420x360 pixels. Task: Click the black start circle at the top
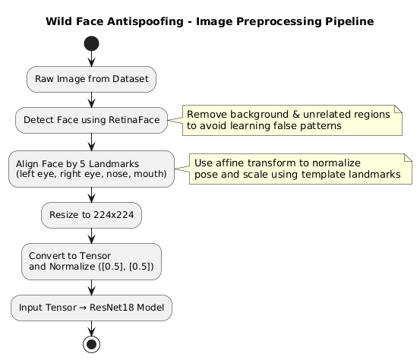click(x=91, y=43)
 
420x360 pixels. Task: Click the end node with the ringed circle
click(x=91, y=344)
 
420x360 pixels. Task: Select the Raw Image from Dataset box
click(x=91, y=79)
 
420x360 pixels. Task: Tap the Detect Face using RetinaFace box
click(x=91, y=120)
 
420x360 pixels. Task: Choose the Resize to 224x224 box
click(x=91, y=215)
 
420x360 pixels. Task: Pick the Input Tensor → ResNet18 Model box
click(x=91, y=308)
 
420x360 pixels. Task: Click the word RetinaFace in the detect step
click(x=134, y=120)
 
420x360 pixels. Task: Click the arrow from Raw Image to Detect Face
click(x=91, y=100)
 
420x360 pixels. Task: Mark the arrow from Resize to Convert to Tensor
click(x=91, y=235)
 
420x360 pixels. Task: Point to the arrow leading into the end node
click(x=91, y=328)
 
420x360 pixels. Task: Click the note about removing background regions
click(x=292, y=120)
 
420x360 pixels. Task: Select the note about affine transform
click(x=301, y=169)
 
